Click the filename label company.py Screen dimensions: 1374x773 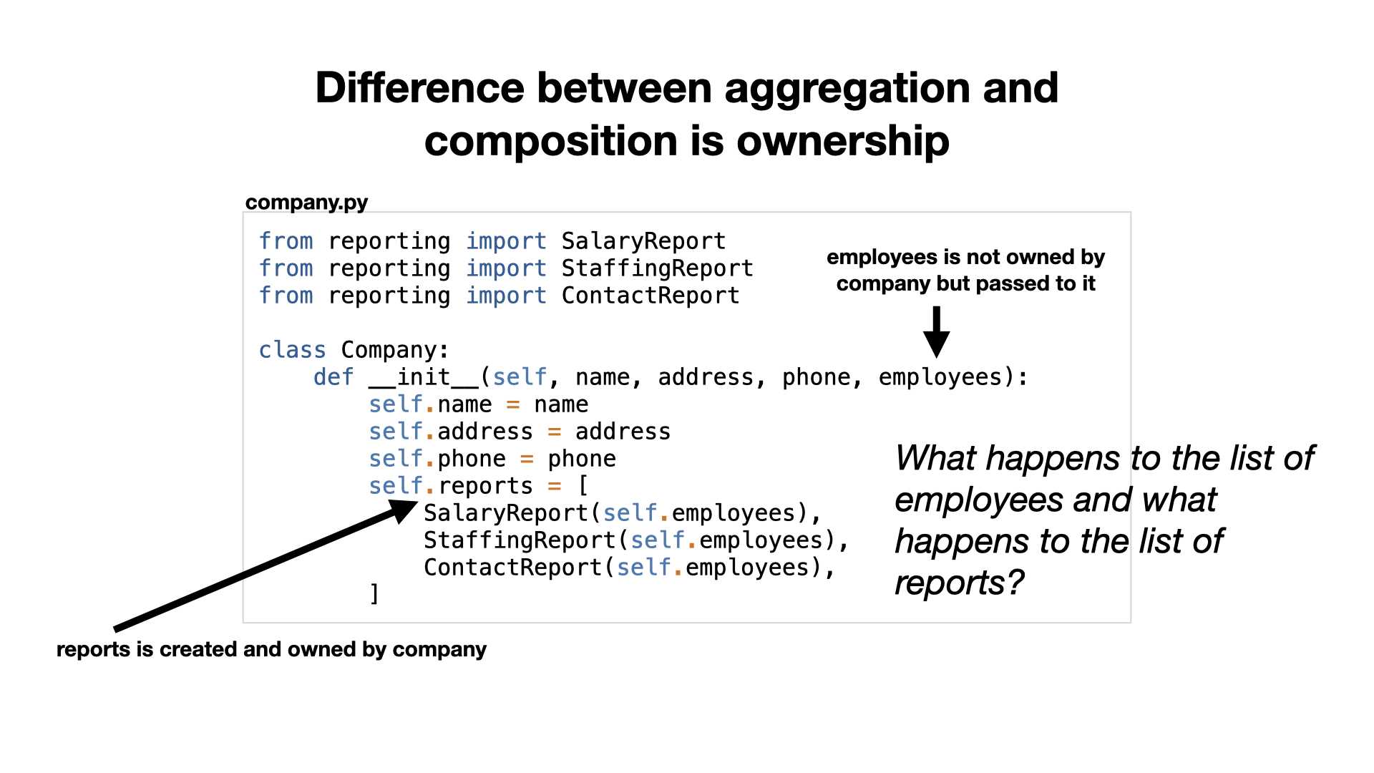tap(306, 203)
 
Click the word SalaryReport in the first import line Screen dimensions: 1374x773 tap(643, 242)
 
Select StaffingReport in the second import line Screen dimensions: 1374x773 tap(657, 269)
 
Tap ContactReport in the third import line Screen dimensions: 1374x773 tap(651, 296)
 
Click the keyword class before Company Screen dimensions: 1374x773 tap(292, 350)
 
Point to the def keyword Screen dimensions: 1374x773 tap(333, 377)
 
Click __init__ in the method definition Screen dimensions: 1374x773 tap(424, 377)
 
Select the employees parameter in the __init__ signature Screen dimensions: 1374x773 tap(940, 377)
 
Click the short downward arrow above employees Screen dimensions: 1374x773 tap(936, 331)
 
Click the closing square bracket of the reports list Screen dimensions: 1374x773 tap(374, 595)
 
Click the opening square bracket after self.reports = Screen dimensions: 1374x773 tap(583, 486)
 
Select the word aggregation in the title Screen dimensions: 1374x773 tap(847, 89)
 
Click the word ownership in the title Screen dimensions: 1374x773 tap(842, 142)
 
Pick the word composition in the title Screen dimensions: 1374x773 tap(551, 142)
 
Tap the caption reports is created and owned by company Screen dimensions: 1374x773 tap(271, 649)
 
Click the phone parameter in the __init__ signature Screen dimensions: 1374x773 tap(816, 377)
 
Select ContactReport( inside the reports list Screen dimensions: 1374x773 tap(520, 568)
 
